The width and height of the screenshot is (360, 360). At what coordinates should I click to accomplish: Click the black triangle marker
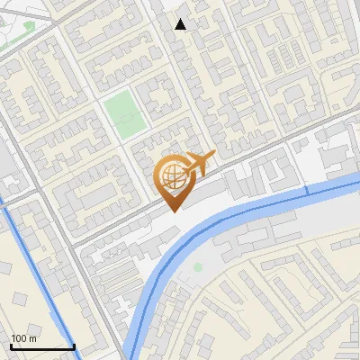pos(181,24)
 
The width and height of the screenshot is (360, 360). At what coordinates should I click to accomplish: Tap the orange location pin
pos(172,181)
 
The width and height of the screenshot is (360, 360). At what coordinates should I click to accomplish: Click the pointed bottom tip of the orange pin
pos(172,211)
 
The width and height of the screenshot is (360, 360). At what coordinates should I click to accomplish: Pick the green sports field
pos(123,112)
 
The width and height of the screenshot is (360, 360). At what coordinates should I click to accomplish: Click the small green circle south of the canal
pos(198,266)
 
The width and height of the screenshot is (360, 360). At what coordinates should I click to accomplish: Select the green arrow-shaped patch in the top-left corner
pos(29,26)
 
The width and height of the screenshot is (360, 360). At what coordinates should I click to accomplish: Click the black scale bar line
pos(42,347)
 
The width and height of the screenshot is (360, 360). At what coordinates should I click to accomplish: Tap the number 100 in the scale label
pos(20,338)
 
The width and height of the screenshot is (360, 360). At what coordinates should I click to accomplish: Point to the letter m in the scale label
pos(33,339)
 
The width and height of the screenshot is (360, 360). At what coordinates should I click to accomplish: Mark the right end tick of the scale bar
pos(74,346)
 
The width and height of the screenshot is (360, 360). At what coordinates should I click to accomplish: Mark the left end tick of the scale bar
pos(11,346)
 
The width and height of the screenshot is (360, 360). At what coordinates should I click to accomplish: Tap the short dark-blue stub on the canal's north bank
pos(307,190)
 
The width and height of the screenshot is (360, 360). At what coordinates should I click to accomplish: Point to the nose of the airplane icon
pos(214,156)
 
